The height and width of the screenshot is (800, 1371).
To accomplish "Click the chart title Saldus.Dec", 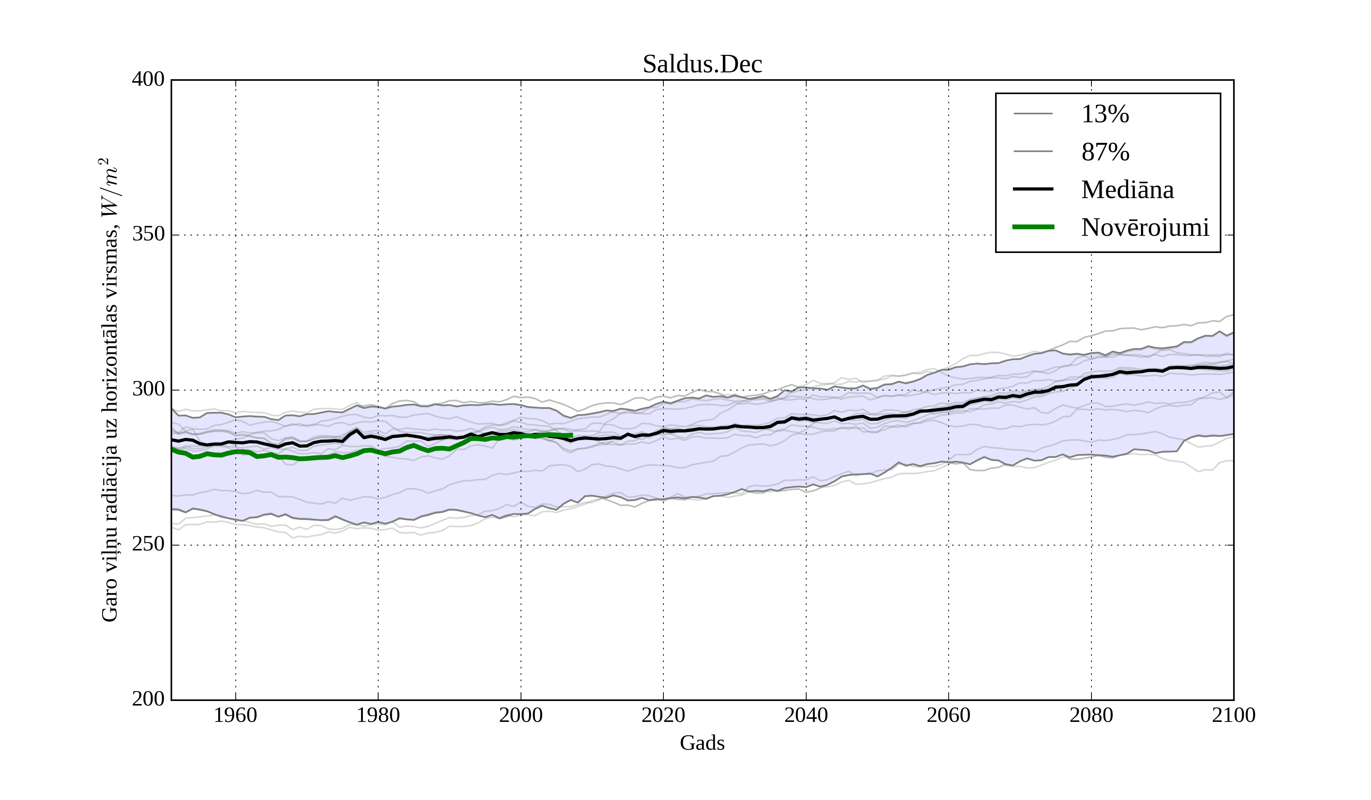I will click(702, 64).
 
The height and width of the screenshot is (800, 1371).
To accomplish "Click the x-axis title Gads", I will click(702, 743).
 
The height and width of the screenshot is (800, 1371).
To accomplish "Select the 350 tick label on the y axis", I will click(148, 235).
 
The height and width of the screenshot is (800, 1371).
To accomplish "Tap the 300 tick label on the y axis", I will click(148, 390).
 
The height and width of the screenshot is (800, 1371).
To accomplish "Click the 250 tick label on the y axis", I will click(148, 544).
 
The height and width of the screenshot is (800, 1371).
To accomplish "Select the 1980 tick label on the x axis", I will click(378, 715).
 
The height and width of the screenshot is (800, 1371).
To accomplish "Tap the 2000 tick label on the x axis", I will click(521, 715).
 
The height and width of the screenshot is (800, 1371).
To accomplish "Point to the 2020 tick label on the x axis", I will click(663, 715).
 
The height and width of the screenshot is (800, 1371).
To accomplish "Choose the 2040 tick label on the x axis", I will click(806, 715).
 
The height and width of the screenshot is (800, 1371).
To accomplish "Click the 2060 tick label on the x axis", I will click(948, 715).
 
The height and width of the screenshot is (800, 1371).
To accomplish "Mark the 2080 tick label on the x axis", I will click(1091, 715).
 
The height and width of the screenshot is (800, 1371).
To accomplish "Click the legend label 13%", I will click(1105, 114).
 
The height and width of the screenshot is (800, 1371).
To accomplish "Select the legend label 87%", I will click(1105, 152).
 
